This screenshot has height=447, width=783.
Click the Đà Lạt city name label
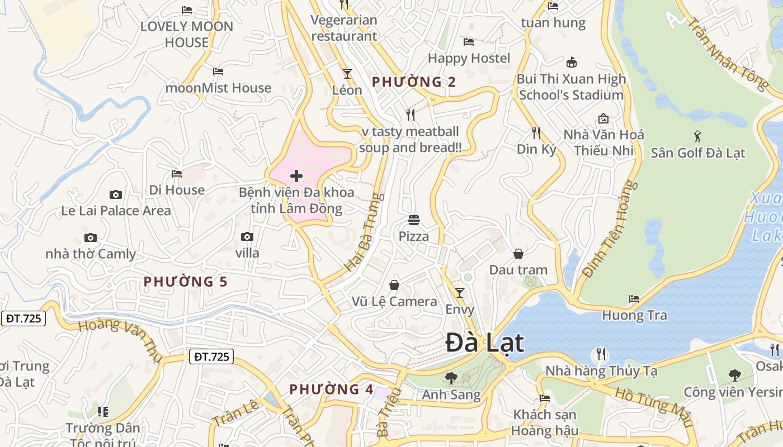485,343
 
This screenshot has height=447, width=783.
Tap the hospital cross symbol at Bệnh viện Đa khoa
296,177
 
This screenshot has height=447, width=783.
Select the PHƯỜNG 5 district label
186,282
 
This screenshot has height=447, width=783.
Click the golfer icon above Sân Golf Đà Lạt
697,136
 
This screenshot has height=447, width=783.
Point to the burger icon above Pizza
414,220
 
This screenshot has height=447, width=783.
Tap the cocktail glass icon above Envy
460,292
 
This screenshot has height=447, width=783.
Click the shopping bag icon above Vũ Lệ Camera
394,285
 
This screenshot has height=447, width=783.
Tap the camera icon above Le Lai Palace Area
116,194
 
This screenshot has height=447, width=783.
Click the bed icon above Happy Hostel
469,41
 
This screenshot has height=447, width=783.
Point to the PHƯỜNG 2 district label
414,82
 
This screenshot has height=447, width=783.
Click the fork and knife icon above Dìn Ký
536,132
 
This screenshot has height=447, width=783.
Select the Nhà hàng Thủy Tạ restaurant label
601,370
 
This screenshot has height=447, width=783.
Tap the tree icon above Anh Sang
451,378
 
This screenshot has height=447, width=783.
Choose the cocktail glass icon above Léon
347,73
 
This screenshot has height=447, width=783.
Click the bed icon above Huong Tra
634,298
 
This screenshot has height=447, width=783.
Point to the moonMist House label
218,88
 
